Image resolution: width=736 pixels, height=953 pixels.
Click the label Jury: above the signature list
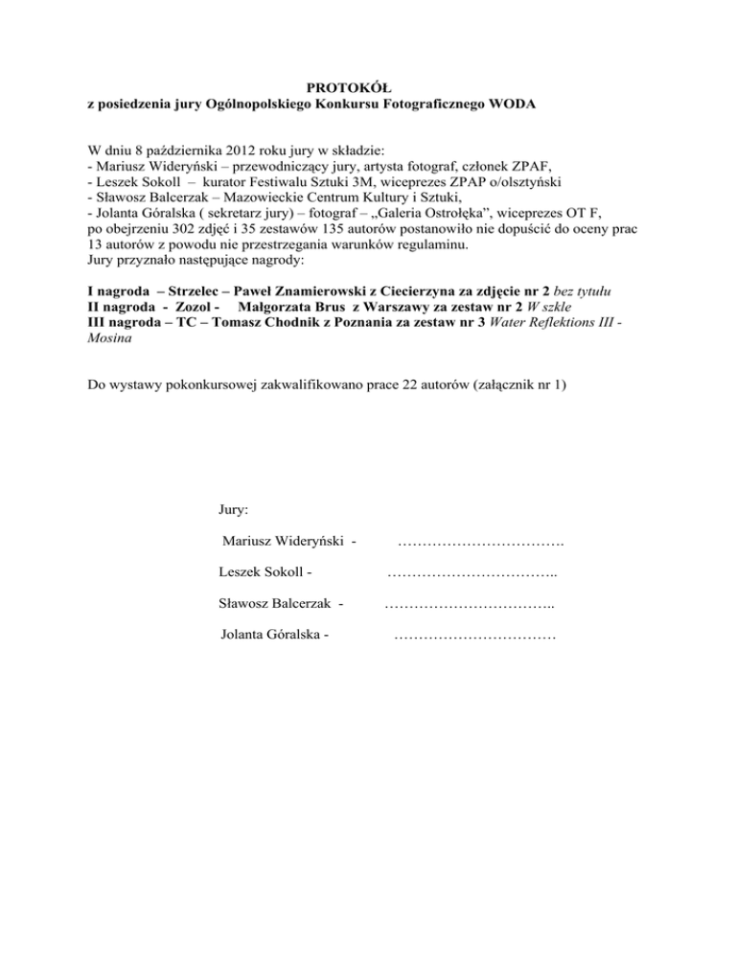tap(235, 511)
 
